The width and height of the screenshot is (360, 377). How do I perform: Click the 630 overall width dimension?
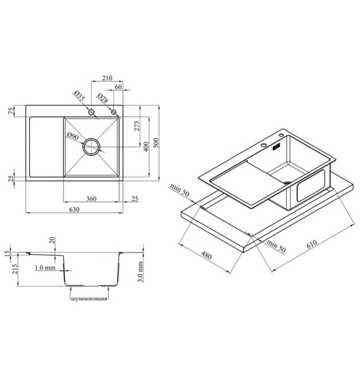tap(74, 210)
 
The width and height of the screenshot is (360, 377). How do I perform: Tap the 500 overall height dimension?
tap(156, 143)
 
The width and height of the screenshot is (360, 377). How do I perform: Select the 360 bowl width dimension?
tap(91, 199)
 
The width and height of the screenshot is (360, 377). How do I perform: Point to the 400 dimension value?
tap(146, 147)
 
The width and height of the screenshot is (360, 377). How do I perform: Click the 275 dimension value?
tap(137, 126)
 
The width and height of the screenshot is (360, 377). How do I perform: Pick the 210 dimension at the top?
tap(107, 78)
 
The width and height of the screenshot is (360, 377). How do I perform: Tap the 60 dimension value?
tap(118, 87)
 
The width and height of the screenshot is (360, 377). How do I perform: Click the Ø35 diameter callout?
tap(79, 96)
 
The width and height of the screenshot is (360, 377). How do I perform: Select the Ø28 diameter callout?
tap(103, 98)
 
